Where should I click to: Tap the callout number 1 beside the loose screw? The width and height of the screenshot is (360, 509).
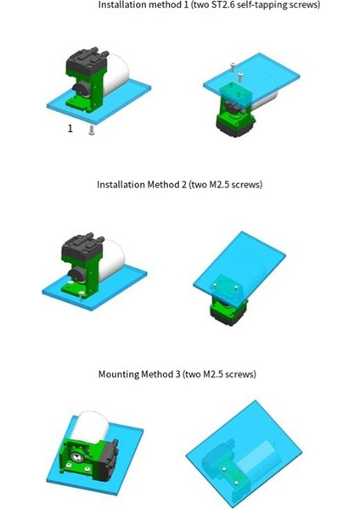(70, 129)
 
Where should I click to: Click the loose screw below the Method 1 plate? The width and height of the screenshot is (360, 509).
(92, 131)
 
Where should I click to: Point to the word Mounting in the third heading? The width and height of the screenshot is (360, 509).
(119, 374)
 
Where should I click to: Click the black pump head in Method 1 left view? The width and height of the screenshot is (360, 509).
(85, 61)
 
